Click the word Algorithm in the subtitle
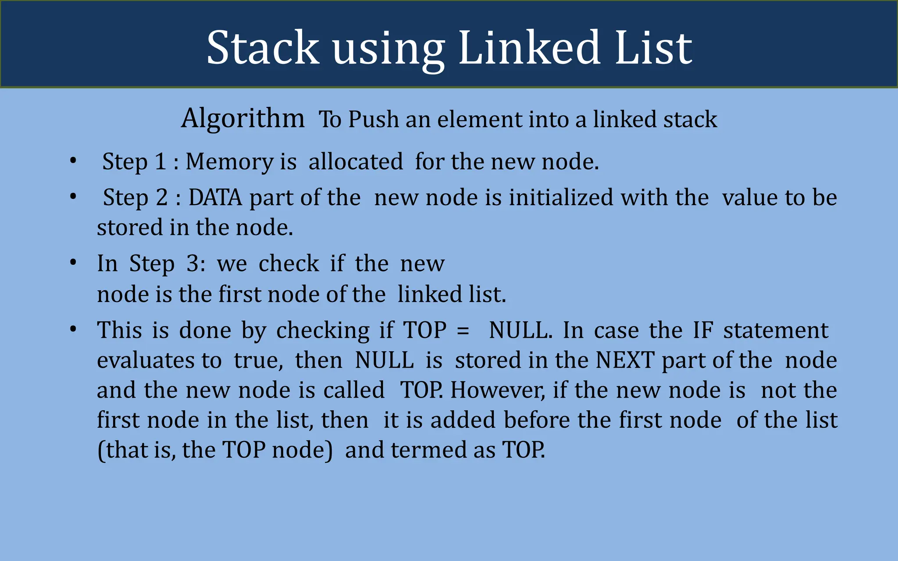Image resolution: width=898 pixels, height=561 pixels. [243, 118]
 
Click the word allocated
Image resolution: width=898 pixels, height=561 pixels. [356, 161]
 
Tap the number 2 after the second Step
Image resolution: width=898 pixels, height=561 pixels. [161, 197]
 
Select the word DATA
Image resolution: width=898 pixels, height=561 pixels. [215, 197]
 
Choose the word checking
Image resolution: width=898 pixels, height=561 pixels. [323, 331]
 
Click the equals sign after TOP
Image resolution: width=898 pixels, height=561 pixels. [463, 330]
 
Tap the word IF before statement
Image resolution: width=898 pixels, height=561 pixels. [702, 330]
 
